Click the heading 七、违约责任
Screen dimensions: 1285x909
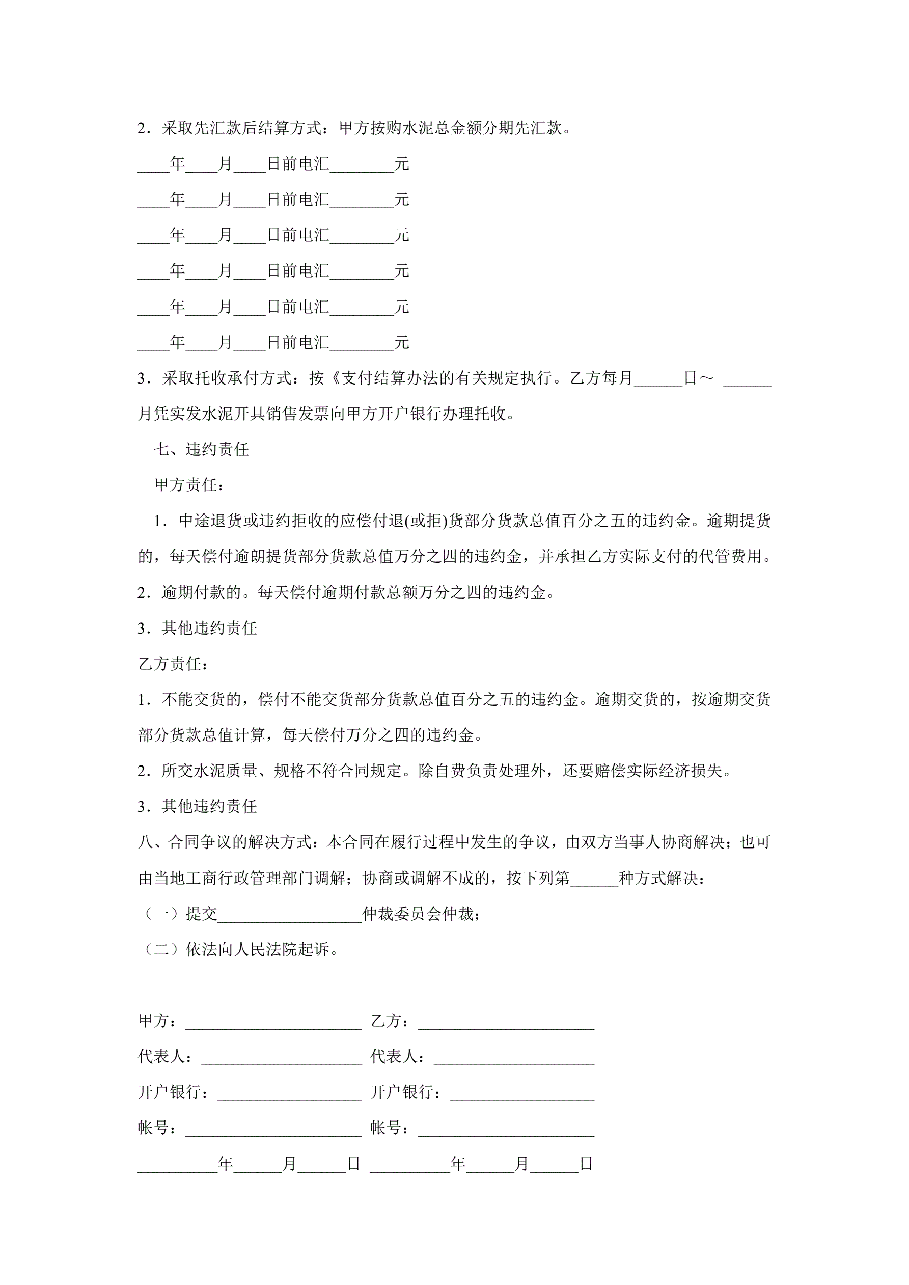pos(202,449)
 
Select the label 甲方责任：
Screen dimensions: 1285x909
pos(189,485)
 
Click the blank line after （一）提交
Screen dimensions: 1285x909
pos(289,915)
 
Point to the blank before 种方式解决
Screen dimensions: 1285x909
pos(594,879)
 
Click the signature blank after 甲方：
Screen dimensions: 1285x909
pos(273,1022)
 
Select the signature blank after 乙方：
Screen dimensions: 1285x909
pos(506,1022)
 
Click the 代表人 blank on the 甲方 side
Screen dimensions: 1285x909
pos(282,1058)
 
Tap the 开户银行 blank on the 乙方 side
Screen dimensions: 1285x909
pos(521,1093)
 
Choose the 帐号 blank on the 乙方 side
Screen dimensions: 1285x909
pos(506,1129)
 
